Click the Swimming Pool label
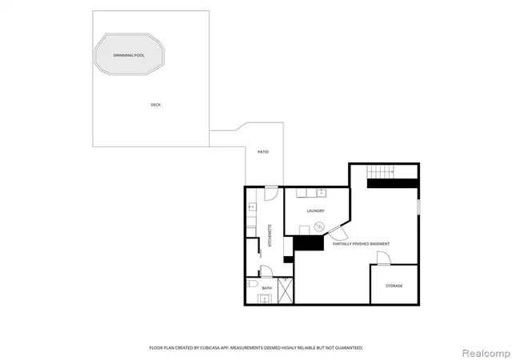pyautogui.click(x=129, y=55)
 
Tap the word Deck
pyautogui.click(x=156, y=105)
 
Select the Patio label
pyautogui.click(x=263, y=152)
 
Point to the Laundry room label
pyautogui.click(x=316, y=210)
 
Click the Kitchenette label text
pyautogui.click(x=270, y=235)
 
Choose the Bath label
pyautogui.click(x=266, y=288)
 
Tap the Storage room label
pyautogui.click(x=394, y=286)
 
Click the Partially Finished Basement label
pyautogui.click(x=361, y=244)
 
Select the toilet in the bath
pyautogui.click(x=253, y=283)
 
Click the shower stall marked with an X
pyautogui.click(x=286, y=290)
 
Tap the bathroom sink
pyautogui.click(x=265, y=298)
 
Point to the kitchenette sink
pyautogui.click(x=252, y=206)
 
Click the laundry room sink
pyautogui.click(x=322, y=193)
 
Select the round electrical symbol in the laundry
pyautogui.click(x=318, y=226)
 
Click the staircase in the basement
pyautogui.click(x=381, y=171)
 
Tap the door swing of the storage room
pyautogui.click(x=383, y=258)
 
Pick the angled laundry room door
pyautogui.click(x=338, y=232)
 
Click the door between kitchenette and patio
pyautogui.click(x=271, y=194)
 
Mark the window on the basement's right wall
pyautogui.click(x=418, y=207)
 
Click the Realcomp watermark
pyautogui.click(x=486, y=353)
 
